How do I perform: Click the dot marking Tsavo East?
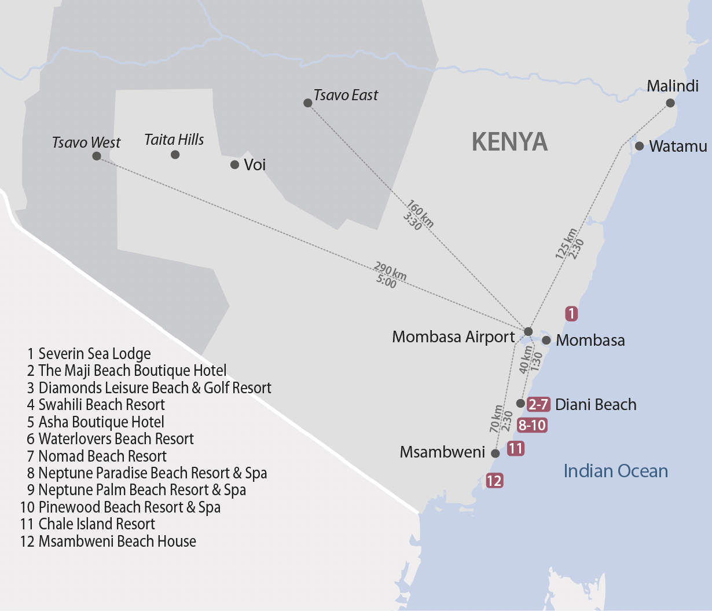coord(308,103)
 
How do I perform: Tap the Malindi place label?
coord(673,86)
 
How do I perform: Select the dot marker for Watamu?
coord(639,146)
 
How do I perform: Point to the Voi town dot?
coord(234,164)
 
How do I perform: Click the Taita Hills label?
coord(174,140)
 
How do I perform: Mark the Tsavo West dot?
coord(97,156)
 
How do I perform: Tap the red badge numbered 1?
coord(571,314)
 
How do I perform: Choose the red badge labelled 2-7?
coord(538,404)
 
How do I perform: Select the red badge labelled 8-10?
coord(532,426)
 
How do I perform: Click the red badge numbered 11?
coord(515,448)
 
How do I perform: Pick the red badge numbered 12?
coord(494,481)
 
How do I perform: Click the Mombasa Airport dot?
coord(528,331)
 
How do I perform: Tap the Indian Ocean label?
coord(616,471)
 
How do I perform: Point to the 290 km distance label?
coord(391,270)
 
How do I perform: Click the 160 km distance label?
coord(420,213)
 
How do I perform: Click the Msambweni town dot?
coord(496,453)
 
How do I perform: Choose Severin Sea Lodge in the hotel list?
coord(89,354)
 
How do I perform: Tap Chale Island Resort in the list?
coord(88,524)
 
